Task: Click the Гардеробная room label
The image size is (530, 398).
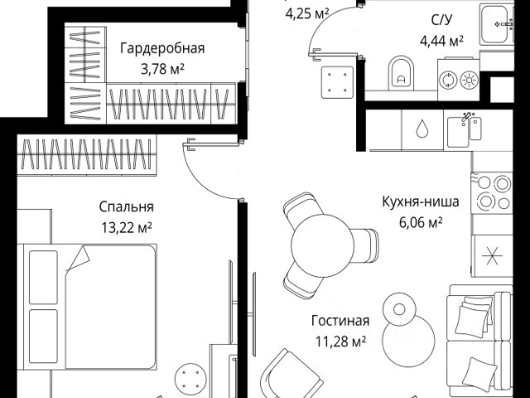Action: (x=161, y=48)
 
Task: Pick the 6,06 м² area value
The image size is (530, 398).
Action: (x=412, y=221)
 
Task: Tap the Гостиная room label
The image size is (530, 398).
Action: (x=340, y=321)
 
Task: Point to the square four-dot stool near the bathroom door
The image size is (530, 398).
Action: (x=338, y=82)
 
